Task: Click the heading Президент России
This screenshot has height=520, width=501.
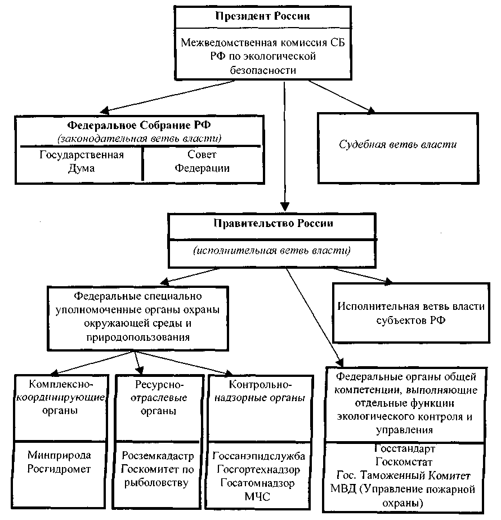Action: click(x=262, y=16)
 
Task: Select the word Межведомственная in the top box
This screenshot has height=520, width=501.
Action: click(x=229, y=43)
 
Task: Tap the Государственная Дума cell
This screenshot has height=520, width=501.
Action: click(x=82, y=162)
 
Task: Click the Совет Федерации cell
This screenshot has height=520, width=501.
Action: click(x=202, y=161)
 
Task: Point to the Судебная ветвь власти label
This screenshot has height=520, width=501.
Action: click(x=397, y=145)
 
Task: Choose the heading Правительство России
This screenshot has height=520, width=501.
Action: click(x=273, y=223)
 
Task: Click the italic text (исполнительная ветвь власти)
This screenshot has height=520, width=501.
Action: click(x=272, y=250)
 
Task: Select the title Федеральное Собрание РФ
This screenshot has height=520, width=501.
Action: click(x=139, y=126)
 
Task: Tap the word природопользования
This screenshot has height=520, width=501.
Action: click(x=138, y=337)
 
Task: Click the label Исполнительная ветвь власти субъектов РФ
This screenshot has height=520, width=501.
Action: click(x=411, y=313)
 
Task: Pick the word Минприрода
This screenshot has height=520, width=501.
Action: click(x=59, y=455)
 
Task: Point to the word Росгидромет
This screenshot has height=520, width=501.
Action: click(x=59, y=469)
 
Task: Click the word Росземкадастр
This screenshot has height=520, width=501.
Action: click(x=158, y=456)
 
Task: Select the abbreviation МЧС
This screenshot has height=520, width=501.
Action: click(x=257, y=496)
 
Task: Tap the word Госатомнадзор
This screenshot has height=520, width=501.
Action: click(x=257, y=483)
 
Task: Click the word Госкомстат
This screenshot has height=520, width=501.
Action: click(x=404, y=462)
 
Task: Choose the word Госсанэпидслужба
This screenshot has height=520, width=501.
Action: click(x=258, y=456)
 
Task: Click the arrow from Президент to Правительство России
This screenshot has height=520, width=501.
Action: click(x=285, y=146)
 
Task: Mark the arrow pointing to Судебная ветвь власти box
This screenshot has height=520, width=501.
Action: click(x=342, y=96)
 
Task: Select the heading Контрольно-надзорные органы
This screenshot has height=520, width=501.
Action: click(x=260, y=392)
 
